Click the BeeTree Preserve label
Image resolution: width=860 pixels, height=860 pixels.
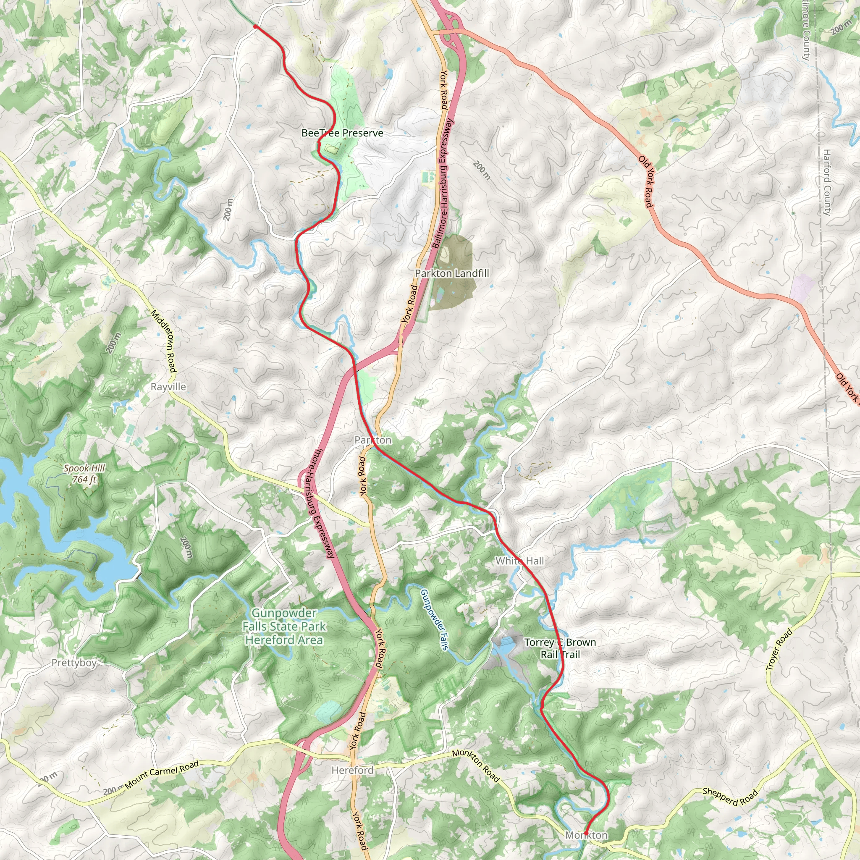342,133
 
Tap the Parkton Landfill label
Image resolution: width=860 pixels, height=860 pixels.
452,273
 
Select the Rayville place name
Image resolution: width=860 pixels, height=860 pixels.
168,386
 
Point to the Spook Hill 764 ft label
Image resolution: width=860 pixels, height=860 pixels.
84,474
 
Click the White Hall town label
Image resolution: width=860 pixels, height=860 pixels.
519,561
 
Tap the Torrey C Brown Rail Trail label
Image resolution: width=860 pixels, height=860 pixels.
560,648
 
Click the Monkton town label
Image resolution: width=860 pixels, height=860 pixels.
586,835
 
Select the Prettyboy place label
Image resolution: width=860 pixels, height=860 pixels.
74,663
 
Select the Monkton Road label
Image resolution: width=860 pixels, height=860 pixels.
476,766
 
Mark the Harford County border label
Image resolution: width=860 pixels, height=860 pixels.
826,183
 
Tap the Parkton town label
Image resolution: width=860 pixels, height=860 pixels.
373,440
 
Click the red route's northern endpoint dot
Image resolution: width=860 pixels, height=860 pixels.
255,27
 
